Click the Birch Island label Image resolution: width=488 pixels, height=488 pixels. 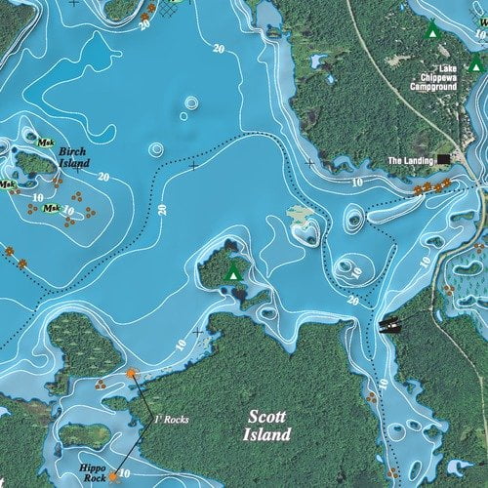tap(73, 157)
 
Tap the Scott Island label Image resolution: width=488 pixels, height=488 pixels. tap(268, 426)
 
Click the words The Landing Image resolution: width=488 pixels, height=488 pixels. tap(410, 159)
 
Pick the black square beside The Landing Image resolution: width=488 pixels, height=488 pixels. tap(443, 158)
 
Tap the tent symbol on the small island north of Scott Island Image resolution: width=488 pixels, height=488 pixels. tap(233, 273)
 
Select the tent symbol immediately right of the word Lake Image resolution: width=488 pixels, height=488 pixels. tap(474, 65)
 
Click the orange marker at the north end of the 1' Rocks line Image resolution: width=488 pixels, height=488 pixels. tap(133, 374)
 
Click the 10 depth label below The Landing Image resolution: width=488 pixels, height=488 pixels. tap(357, 183)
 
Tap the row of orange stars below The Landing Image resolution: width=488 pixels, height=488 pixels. tap(430, 185)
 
